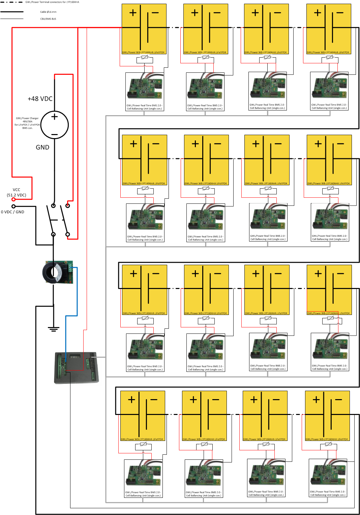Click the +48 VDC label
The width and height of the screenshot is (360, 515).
click(40, 99)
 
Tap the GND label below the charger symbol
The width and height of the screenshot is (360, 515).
click(42, 147)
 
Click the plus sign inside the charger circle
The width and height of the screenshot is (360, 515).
click(55, 117)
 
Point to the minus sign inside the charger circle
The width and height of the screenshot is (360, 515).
click(55, 134)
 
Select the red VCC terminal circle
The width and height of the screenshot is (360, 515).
click(13, 199)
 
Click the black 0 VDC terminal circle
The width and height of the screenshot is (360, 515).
click(13, 206)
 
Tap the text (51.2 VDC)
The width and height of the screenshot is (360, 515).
click(17, 195)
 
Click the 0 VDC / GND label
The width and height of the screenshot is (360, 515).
click(12, 212)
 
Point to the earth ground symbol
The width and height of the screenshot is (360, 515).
click(53, 329)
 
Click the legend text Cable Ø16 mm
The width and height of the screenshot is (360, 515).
click(48, 12)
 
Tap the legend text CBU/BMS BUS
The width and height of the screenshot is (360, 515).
click(48, 19)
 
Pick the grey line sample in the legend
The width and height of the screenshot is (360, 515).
click(12, 19)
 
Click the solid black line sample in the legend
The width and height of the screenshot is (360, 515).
click(12, 12)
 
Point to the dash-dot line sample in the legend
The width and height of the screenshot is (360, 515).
click(12, 2)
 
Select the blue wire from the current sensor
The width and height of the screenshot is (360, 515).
click(77, 293)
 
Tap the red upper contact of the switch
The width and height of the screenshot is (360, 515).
click(68, 205)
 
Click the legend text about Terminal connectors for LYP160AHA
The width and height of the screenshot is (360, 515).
click(52, 2)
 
